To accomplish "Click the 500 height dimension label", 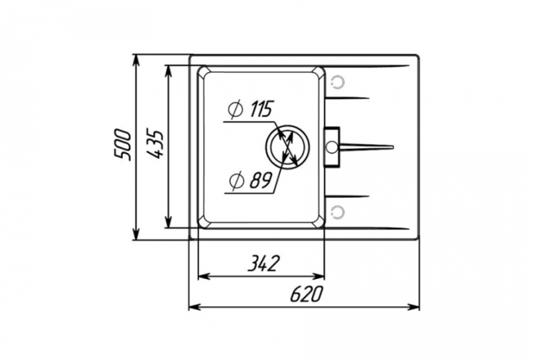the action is tap(122, 144).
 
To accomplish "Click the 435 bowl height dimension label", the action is tap(155, 143).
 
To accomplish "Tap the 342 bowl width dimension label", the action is tap(263, 264).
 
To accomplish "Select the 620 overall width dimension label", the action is tap(305, 294).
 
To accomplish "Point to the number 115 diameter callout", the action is tap(261, 109).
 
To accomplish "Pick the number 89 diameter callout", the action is tap(261, 180).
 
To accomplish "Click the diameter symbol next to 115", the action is tap(235, 109).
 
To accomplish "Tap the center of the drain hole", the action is tap(287, 147).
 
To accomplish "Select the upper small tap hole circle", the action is tap(338, 82).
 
